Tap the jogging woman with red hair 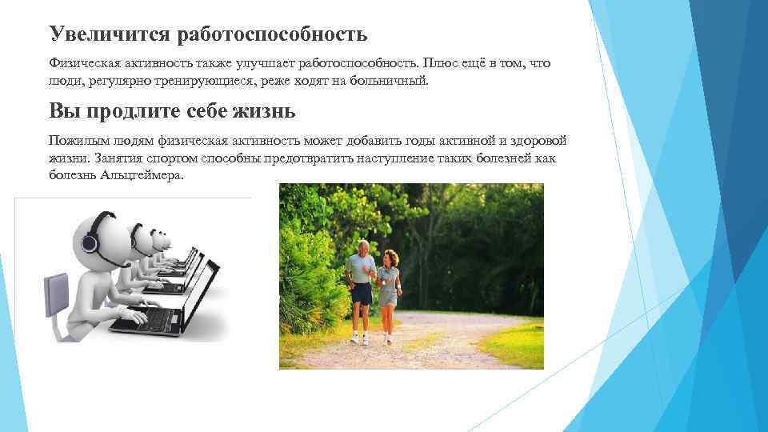[x=387, y=284]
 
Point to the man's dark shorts [x=362, y=294]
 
